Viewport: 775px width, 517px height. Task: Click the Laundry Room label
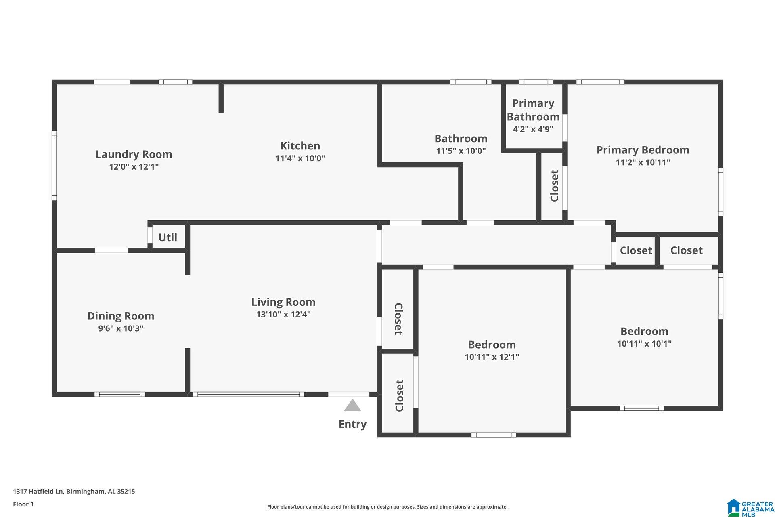click(134, 154)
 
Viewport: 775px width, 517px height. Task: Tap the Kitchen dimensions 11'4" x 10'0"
click(300, 158)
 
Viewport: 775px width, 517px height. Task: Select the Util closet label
click(168, 237)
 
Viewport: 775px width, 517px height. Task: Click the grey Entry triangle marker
click(352, 405)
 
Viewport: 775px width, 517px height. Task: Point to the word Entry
click(352, 424)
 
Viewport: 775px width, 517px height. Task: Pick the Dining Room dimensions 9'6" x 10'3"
click(121, 328)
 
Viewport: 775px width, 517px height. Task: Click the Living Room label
click(283, 302)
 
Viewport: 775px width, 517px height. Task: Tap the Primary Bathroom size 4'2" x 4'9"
click(533, 129)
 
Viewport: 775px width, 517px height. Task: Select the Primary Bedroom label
click(643, 150)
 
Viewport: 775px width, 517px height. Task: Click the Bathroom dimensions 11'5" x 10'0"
click(461, 151)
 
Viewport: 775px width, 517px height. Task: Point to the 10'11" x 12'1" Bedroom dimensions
click(492, 357)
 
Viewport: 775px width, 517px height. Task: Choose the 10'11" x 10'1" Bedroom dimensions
click(644, 344)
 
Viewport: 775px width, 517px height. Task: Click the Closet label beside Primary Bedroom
click(555, 186)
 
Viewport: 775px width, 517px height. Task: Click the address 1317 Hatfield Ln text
click(38, 492)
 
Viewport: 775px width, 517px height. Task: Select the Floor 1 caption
click(23, 504)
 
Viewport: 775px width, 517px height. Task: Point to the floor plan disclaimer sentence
click(387, 507)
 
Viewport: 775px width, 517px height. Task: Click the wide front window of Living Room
click(248, 394)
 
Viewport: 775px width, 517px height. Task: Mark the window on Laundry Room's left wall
click(54, 166)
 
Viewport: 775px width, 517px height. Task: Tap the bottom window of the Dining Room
click(119, 394)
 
